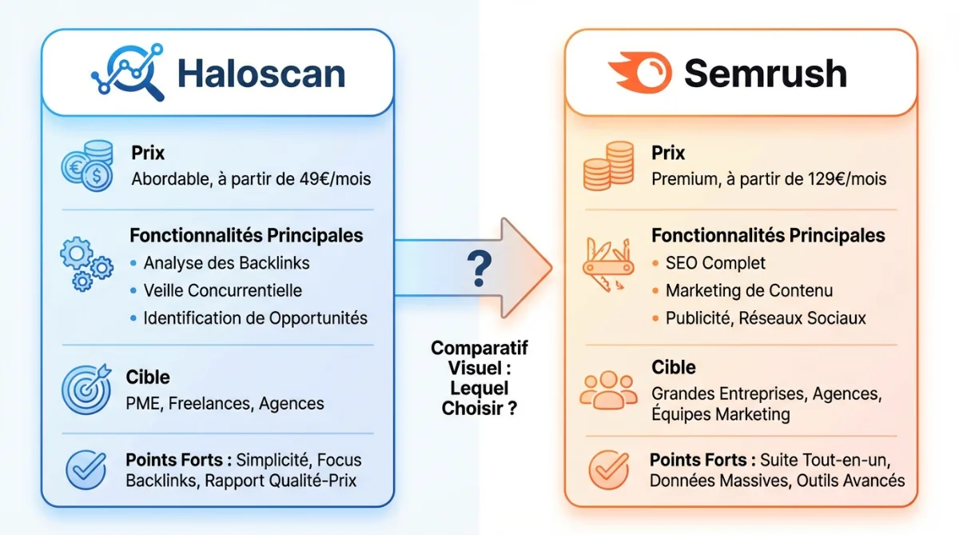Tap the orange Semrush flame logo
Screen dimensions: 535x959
[639, 72]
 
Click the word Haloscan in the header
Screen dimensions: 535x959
[261, 74]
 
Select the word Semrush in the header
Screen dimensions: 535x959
[765, 74]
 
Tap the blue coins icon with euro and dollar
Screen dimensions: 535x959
[87, 166]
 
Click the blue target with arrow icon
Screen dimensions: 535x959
[86, 389]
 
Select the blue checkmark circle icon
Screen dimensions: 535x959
[86, 469]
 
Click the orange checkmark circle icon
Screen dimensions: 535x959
[608, 469]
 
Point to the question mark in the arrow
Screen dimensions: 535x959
[479, 269]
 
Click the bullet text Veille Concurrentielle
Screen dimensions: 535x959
[222, 290]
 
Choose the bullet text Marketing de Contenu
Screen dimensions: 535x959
[749, 290]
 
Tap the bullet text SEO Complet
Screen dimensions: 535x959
[715, 263]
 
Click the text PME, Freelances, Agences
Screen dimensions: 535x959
[225, 403]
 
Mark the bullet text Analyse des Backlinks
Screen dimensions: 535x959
[226, 263]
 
